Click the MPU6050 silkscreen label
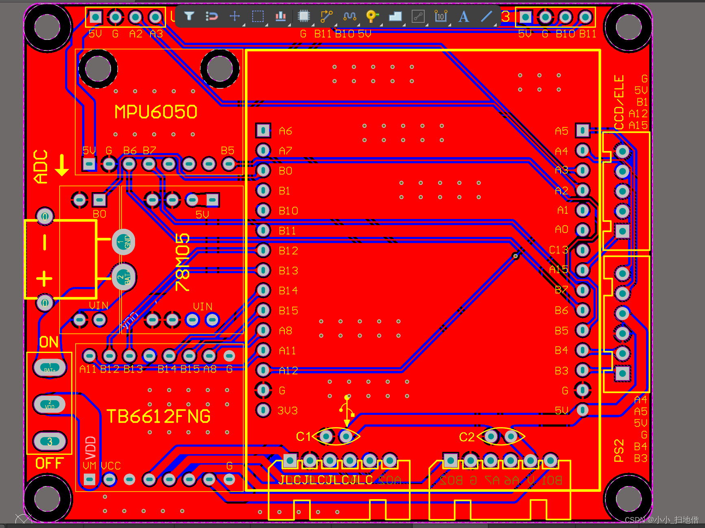[x=156, y=112]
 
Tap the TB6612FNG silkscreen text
[x=158, y=416]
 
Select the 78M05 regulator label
[x=183, y=262]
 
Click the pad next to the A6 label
[x=263, y=130]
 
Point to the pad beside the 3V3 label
[x=263, y=410]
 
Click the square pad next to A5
[x=583, y=130]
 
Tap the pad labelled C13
[x=583, y=250]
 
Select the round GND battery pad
[x=123, y=242]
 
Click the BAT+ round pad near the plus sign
[x=123, y=278]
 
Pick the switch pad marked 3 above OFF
[x=50, y=441]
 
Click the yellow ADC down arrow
[x=62, y=165]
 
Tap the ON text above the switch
[x=49, y=342]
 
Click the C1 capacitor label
[x=303, y=437]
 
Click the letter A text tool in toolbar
[x=463, y=17]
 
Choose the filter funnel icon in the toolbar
[x=189, y=16]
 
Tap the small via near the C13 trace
[x=515, y=256]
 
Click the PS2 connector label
[x=619, y=450]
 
